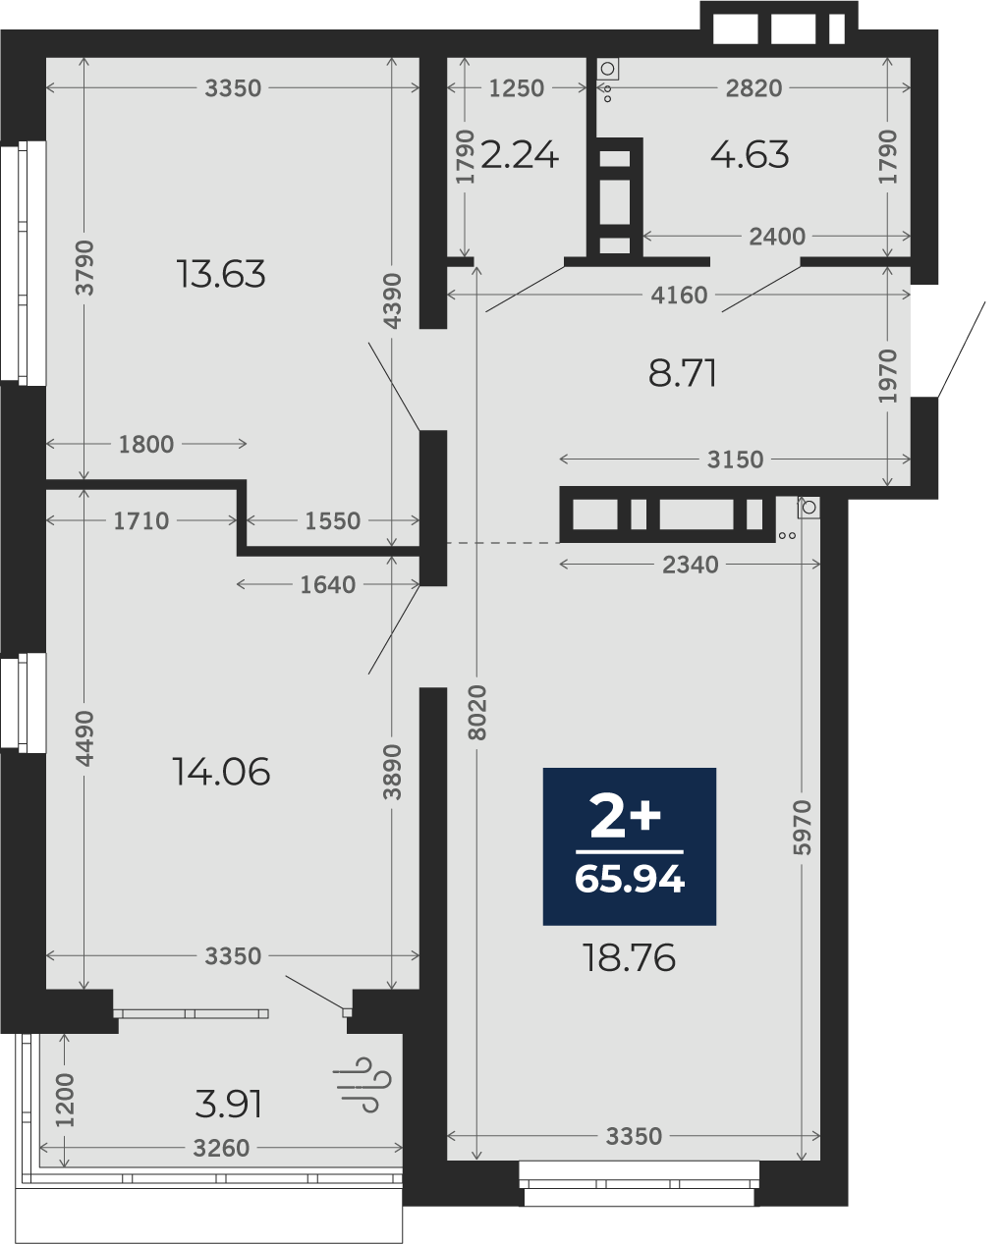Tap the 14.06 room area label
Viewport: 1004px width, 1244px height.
pos(221,772)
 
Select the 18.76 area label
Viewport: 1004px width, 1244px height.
pos(629,957)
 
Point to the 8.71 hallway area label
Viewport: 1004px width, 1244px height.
pos(683,373)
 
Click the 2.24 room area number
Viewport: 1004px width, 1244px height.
pos(520,155)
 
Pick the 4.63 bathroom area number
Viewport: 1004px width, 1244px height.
pos(750,155)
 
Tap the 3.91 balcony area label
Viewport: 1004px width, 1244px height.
pos(229,1104)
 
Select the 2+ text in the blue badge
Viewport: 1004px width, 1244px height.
pos(625,816)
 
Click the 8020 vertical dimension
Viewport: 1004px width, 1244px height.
pos(477,712)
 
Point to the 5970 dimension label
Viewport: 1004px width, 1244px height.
pos(803,828)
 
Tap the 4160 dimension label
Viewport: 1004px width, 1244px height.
pos(679,296)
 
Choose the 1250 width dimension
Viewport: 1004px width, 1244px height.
pos(517,88)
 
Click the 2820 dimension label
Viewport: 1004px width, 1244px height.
pos(753,88)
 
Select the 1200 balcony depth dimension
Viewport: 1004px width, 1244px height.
pos(65,1101)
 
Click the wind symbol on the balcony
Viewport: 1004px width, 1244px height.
pos(363,1085)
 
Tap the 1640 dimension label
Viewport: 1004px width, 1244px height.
pos(327,585)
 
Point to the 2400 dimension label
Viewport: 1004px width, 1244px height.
pos(777,237)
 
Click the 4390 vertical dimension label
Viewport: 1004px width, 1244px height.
pos(392,300)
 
